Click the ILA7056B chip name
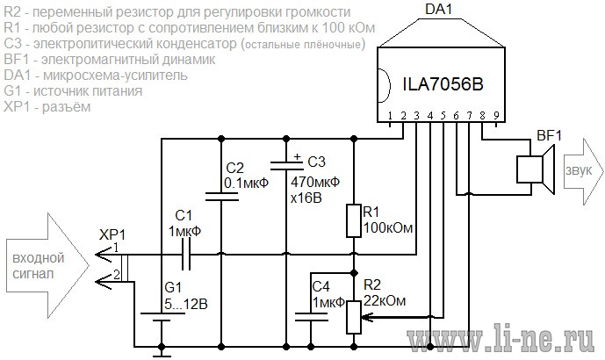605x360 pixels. click(443, 84)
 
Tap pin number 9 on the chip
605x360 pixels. click(496, 115)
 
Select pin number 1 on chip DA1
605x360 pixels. click(390, 115)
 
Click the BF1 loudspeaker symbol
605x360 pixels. click(536, 169)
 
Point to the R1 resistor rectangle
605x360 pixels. click(354, 220)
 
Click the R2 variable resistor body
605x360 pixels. click(354, 318)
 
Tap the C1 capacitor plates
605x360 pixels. click(185, 255)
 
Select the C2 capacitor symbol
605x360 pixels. click(221, 197)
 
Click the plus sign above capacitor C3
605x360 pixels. click(297, 156)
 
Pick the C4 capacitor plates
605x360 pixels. click(311, 317)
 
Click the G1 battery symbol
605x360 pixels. click(162, 316)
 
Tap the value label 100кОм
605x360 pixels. click(388, 228)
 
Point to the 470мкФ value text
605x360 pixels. click(315, 182)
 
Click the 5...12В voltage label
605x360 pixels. click(186, 304)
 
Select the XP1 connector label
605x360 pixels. click(112, 234)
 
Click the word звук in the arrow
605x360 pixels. click(579, 170)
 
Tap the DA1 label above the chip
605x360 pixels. click(438, 10)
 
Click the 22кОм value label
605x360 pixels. click(385, 300)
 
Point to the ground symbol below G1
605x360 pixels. click(162, 353)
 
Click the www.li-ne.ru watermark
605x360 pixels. click(501, 341)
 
